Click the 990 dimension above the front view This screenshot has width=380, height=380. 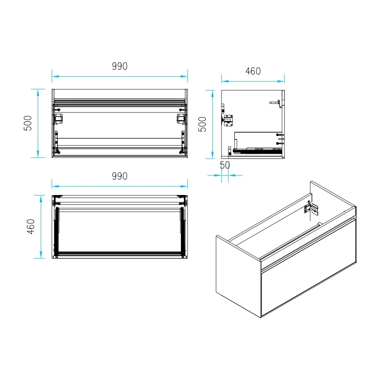pos(120,66)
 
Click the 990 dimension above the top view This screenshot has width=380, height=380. pos(120,176)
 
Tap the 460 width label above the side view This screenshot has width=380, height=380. pos(253,71)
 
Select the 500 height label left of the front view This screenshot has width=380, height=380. pos(28,123)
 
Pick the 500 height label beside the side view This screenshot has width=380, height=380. pos(203,124)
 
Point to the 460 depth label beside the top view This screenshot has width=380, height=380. pos(31,226)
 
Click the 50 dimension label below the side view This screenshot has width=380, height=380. pos(225,165)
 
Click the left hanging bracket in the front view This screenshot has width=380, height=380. pos(58,119)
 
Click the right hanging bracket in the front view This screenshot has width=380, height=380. pos(181,119)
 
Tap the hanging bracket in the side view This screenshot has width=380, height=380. pos(228,120)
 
